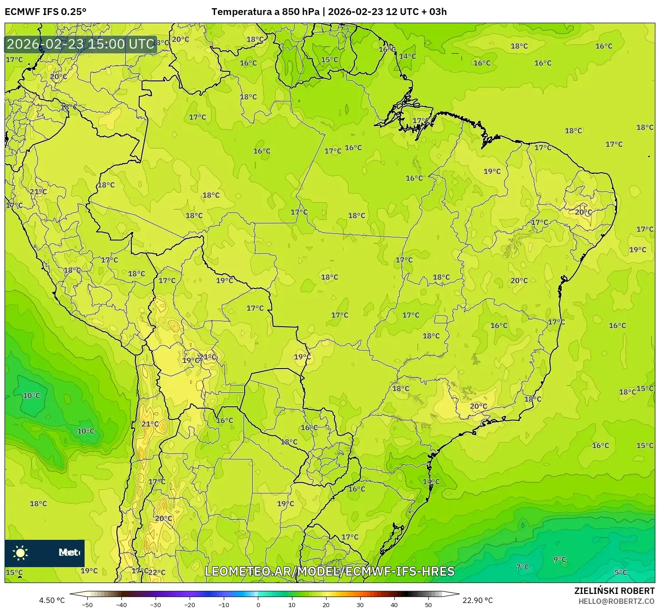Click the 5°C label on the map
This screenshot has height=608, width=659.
point(620,573)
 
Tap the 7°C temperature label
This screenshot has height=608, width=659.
point(523,567)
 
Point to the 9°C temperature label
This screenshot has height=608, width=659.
point(560,559)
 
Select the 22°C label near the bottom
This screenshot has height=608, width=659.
point(157,573)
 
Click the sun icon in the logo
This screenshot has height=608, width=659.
point(20,553)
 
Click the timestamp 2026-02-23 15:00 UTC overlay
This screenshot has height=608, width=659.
point(80,44)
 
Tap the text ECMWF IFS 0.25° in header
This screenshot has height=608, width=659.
point(45,12)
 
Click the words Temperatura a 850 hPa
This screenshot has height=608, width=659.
point(266,12)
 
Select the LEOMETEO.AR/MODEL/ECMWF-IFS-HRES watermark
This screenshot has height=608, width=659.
point(329,571)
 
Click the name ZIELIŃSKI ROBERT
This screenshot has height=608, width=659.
point(614,591)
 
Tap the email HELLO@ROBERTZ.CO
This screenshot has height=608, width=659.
point(616,601)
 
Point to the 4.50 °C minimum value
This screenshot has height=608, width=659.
point(52,600)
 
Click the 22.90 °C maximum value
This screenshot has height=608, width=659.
point(478,600)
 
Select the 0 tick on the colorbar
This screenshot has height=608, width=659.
point(258,605)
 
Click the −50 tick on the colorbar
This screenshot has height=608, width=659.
point(87,605)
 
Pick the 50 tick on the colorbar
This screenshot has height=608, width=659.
point(428,605)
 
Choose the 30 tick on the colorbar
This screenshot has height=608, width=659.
point(360,605)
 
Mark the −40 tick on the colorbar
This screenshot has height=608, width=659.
point(121,605)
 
